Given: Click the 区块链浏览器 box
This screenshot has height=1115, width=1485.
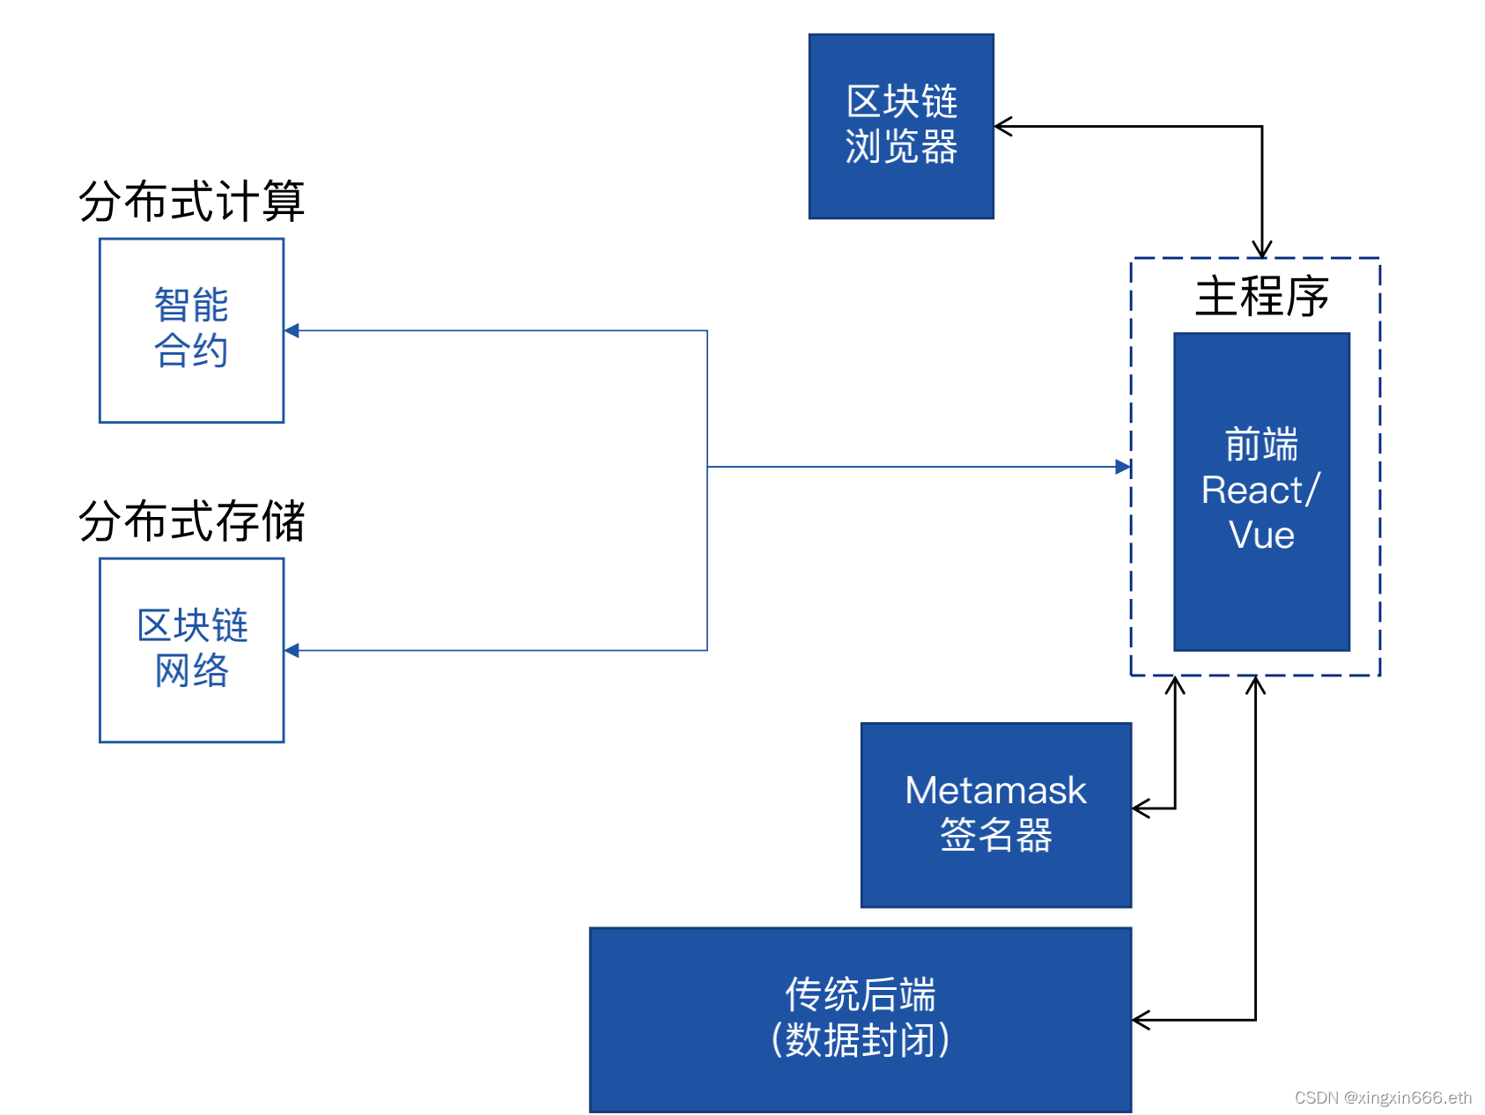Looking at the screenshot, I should coord(901,126).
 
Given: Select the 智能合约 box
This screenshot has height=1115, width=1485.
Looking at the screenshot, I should coord(191,330).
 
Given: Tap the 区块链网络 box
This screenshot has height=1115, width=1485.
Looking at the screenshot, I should coord(191,650).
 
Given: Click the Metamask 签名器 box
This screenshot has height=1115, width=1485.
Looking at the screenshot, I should coord(995,815).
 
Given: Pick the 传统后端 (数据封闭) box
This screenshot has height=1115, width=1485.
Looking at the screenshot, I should coord(860,1019).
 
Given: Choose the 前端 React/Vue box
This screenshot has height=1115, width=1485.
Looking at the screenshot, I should coord(1261,491).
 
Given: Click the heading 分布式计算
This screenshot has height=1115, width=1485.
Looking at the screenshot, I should coord(191,201).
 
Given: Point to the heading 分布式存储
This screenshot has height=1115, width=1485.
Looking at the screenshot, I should coord(191,521).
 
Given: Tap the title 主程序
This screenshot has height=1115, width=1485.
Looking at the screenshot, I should coord(1261,296).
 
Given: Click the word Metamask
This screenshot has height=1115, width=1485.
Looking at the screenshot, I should coord(995,790).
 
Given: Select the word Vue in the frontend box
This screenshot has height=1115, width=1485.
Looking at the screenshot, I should coord(1261,535).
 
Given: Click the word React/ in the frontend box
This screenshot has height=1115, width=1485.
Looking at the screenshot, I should coord(1260,491).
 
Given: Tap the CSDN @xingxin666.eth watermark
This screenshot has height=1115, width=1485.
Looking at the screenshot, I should coord(1383,1097).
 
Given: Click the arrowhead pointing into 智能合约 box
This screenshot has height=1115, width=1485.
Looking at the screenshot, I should coord(292,330).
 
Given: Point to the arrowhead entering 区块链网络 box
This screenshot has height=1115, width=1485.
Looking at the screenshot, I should coord(292,650).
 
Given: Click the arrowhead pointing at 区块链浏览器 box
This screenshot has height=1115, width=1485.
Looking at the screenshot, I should coord(1003,126).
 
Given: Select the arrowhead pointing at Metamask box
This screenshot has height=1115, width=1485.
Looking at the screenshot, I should coord(1141,808).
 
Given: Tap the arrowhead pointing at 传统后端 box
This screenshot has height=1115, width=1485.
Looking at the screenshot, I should coord(1141,1020).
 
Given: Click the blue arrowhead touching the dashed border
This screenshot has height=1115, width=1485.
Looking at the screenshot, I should coord(1123,467).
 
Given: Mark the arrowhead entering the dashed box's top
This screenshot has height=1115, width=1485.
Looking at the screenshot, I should coord(1262,250).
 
